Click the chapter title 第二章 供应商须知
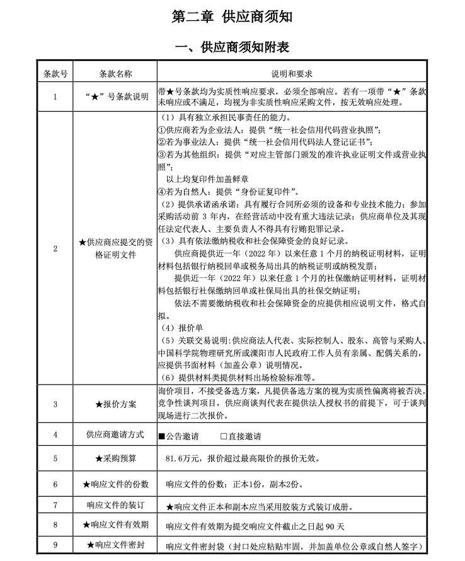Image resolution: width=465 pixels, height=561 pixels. tap(232, 17)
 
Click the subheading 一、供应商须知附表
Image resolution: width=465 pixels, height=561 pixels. tap(232, 47)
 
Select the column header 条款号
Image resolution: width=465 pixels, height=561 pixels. tap(55, 74)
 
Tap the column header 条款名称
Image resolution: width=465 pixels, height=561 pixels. tap(115, 74)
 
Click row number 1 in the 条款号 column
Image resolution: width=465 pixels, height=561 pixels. tap(55, 96)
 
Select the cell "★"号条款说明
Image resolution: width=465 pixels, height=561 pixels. tap(115, 96)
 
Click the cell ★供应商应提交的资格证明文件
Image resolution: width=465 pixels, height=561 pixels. tap(115, 248)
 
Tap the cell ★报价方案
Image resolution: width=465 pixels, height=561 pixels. tap(115, 403)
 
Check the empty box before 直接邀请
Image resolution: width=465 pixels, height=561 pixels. tap(224, 436)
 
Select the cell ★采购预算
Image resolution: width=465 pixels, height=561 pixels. tap(115, 459)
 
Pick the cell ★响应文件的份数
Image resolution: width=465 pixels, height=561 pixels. tap(115, 484)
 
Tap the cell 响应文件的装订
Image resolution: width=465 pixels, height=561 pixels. tap(115, 506)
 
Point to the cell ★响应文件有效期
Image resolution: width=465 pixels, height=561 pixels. tap(115, 524)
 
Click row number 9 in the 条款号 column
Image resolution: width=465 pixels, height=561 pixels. tap(55, 545)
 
